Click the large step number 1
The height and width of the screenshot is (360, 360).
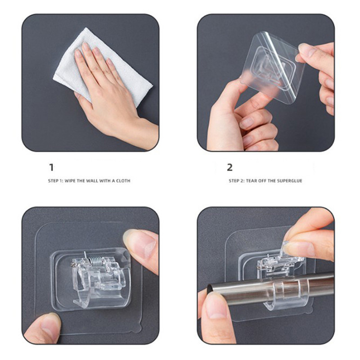pos(51,167)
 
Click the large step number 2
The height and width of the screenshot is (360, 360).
pos(229,167)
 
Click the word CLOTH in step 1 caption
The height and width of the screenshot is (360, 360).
pos(123,181)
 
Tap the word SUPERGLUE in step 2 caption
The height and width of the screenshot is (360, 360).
pos(289,181)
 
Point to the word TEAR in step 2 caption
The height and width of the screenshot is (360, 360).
pos(252,181)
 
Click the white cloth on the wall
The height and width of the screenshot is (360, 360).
pos(103,69)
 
